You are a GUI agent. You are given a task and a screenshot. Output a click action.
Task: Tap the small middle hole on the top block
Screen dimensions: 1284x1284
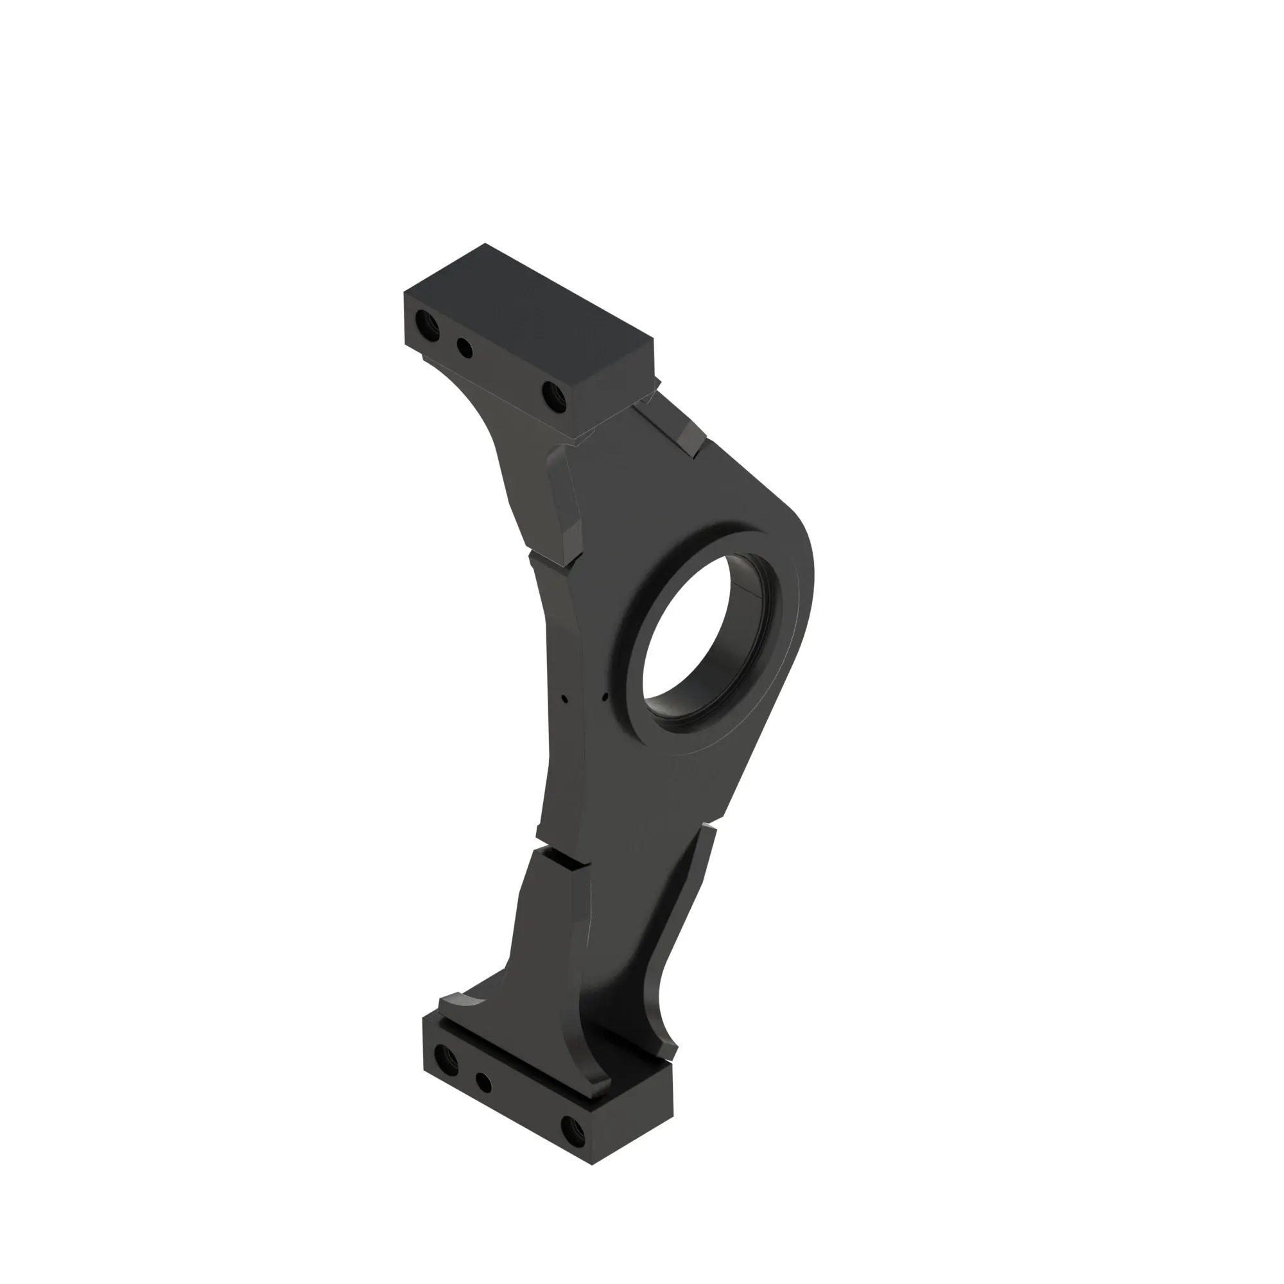[x=465, y=347]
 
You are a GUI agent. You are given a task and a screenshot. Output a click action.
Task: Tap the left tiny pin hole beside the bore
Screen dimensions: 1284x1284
[x=564, y=698]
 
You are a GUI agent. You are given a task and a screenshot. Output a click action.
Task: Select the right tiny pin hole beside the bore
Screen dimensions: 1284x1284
[x=605, y=697]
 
